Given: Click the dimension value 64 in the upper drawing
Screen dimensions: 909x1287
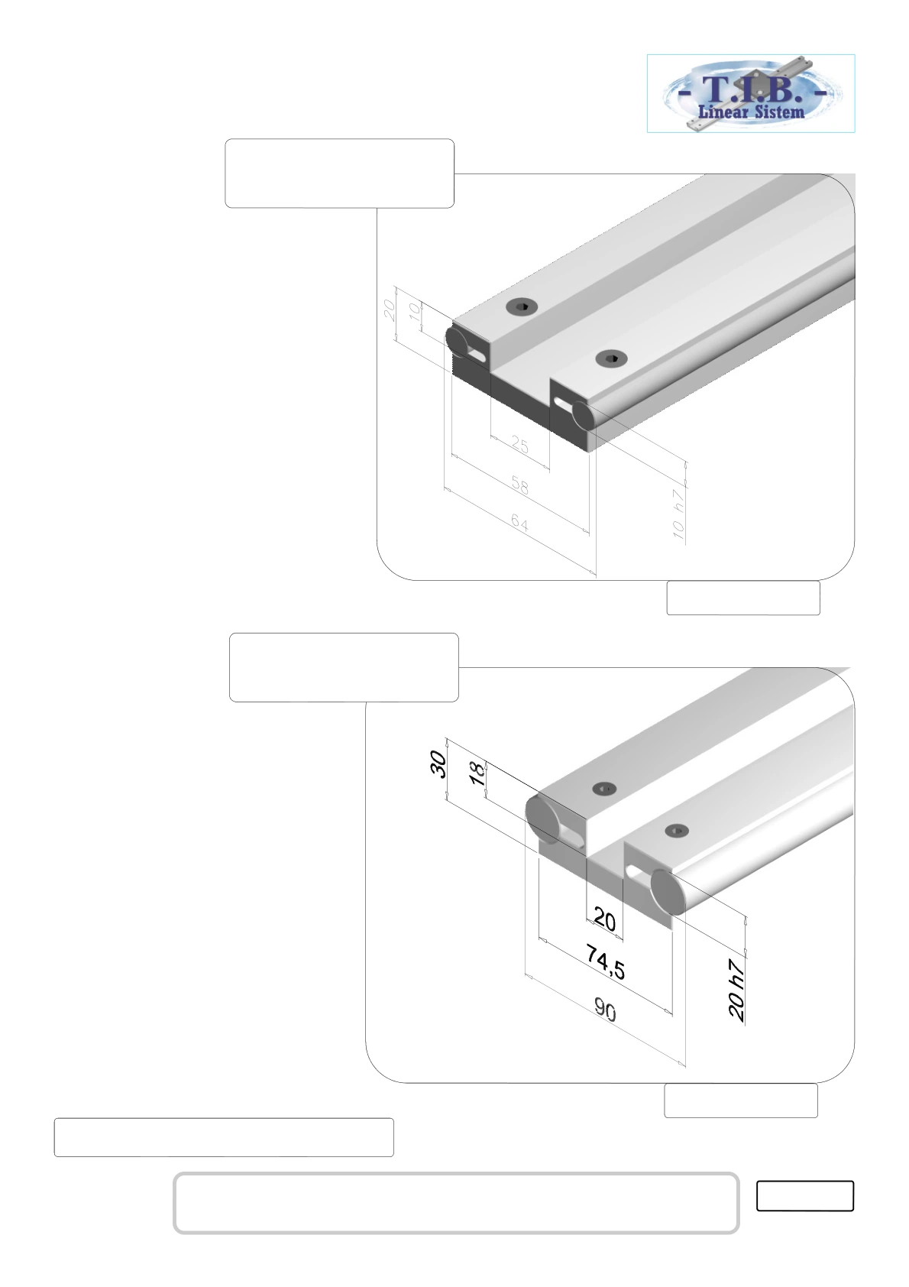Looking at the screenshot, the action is tap(519, 524).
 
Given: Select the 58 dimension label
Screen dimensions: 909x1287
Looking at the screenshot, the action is tap(519, 485).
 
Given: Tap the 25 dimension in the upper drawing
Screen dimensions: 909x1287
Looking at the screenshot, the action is tap(519, 445).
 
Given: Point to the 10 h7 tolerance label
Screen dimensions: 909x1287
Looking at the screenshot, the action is tap(678, 514).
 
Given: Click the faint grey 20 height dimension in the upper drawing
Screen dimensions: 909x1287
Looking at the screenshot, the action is tap(390, 310).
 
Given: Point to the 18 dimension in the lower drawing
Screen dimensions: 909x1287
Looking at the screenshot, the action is tap(477, 773).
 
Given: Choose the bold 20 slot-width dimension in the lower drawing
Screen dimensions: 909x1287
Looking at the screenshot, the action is tap(605, 919).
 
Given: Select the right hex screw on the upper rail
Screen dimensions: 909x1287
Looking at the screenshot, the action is tap(611, 358).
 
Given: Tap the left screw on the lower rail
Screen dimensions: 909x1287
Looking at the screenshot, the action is tap(603, 788).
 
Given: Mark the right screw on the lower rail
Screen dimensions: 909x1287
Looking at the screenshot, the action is tap(677, 830).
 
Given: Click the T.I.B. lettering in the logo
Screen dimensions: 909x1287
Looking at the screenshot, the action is tap(752, 90).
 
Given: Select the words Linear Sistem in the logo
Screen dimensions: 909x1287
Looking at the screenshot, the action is tap(751, 111).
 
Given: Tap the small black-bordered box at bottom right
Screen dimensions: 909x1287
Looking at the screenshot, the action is tap(804, 1195).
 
